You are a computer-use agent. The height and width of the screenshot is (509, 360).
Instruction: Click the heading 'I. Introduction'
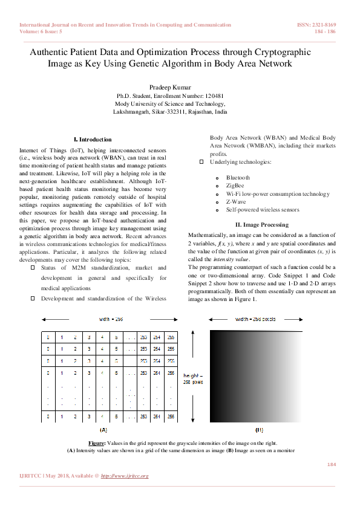pos(92,139)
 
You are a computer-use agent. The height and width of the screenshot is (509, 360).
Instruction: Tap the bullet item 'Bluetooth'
pos(238,178)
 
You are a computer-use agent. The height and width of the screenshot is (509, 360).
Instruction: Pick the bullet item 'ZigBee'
pos(235,186)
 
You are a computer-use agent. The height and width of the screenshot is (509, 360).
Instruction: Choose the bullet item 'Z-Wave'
pos(235,201)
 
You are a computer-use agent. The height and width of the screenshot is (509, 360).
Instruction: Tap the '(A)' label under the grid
pos(103,430)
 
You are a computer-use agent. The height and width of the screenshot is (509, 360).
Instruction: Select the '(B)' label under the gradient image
pos(260,430)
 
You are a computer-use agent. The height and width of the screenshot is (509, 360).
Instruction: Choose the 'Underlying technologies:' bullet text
pos(240,162)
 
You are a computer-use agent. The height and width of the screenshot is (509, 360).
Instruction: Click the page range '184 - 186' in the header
pos(327,31)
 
